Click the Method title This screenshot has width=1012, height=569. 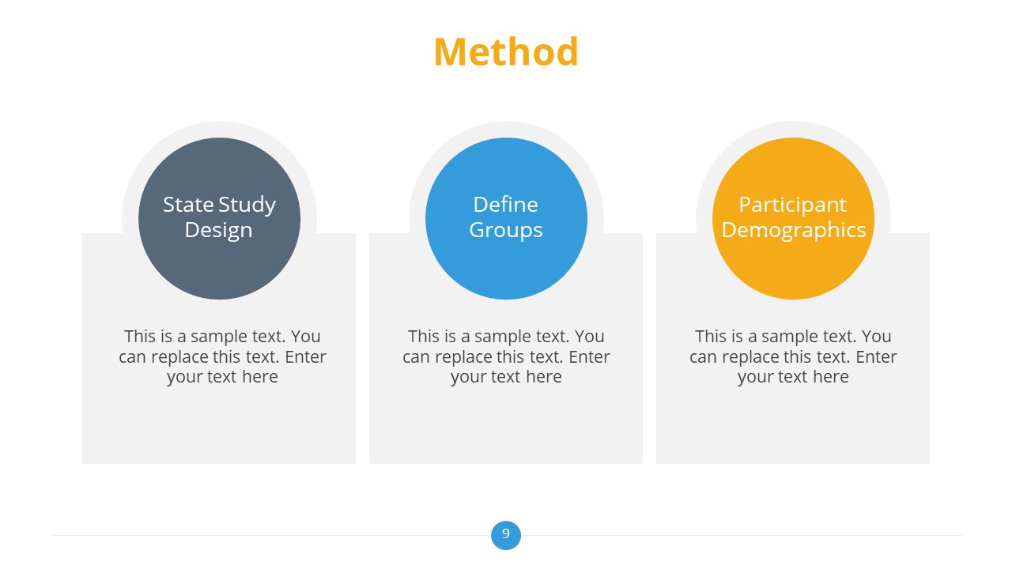pos(506,52)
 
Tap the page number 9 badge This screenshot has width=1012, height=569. pos(506,534)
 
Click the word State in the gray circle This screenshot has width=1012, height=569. pos(189,205)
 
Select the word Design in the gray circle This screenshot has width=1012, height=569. pos(219,230)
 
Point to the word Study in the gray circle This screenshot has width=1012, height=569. pos(247,205)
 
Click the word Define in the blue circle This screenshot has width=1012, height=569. pos(506,205)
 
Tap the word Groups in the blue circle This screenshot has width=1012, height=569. pos(506,230)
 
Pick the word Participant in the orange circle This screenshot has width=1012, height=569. pos(793,205)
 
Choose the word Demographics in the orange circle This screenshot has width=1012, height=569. pos(793,230)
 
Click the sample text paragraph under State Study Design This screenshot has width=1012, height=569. pos(222,356)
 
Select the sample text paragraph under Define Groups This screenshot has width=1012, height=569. pos(506,356)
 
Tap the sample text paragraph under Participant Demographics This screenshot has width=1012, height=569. pos(793,356)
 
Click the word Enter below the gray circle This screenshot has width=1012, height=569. pos(305,356)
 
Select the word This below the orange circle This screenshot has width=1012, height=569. pos(711,337)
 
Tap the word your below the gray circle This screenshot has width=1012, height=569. pos(184,378)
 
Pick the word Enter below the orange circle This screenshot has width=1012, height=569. pos(876,356)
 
